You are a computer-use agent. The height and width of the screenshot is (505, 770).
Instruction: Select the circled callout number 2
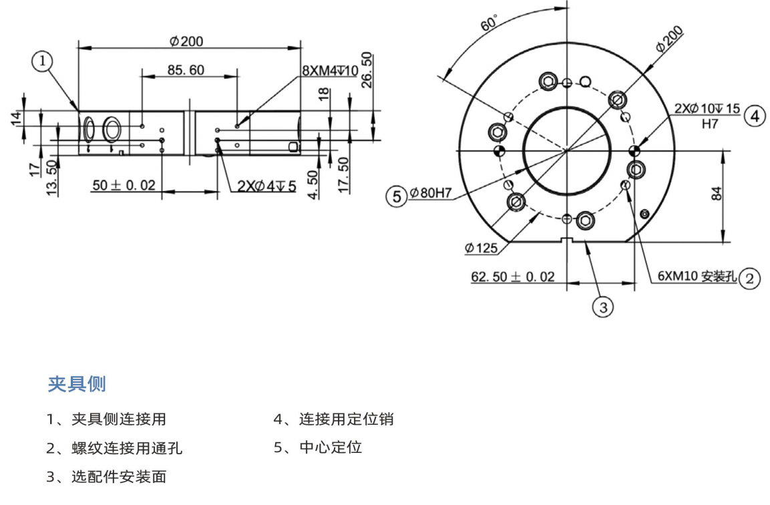point(749,277)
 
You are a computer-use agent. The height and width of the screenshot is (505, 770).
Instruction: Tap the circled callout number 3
point(603,307)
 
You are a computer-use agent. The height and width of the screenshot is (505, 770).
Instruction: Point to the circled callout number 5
point(397,196)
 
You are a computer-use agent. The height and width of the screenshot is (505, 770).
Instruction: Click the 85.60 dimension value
point(186,70)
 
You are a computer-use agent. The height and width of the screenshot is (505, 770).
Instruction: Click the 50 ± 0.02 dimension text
point(124,185)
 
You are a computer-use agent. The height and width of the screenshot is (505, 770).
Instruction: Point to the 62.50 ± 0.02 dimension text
point(513,277)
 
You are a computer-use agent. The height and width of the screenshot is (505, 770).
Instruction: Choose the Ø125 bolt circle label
point(482,248)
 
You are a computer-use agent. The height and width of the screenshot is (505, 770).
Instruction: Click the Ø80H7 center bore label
point(431,194)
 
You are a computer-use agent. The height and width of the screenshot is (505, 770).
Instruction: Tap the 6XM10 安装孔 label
point(697,277)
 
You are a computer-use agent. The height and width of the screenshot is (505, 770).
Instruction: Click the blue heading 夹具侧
point(77,384)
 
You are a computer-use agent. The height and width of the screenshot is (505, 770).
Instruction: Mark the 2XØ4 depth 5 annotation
point(266,186)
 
